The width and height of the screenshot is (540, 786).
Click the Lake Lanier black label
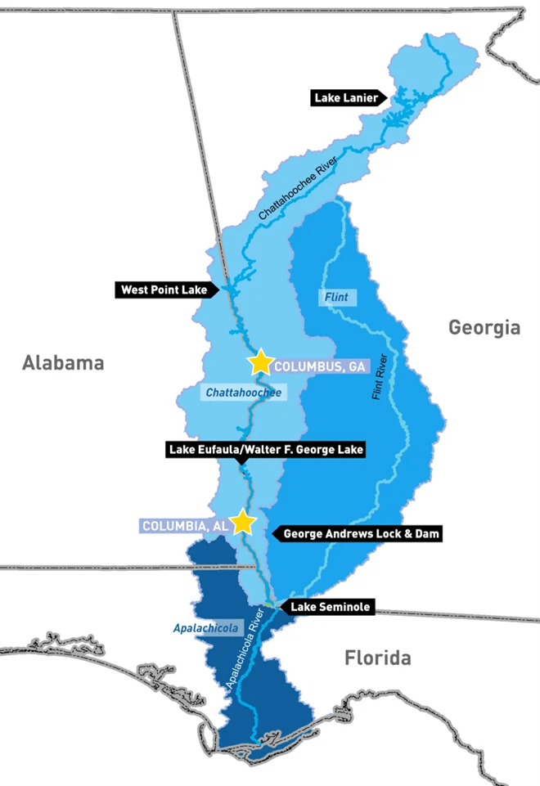coord(347,98)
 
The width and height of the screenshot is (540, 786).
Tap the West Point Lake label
coord(164,290)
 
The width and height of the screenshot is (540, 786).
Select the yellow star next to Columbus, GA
coord(260,362)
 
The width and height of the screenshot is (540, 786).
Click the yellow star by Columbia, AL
coord(242,522)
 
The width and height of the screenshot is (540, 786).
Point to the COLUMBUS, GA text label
coord(319,366)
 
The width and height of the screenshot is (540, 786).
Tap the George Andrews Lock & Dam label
coord(362,534)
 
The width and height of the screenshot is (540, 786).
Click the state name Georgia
coord(484,328)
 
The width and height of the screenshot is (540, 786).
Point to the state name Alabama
coord(63,362)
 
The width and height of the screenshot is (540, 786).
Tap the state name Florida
coord(377,658)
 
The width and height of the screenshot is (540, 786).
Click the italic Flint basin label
coord(336,297)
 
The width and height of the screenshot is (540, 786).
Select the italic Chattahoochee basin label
coord(243,393)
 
